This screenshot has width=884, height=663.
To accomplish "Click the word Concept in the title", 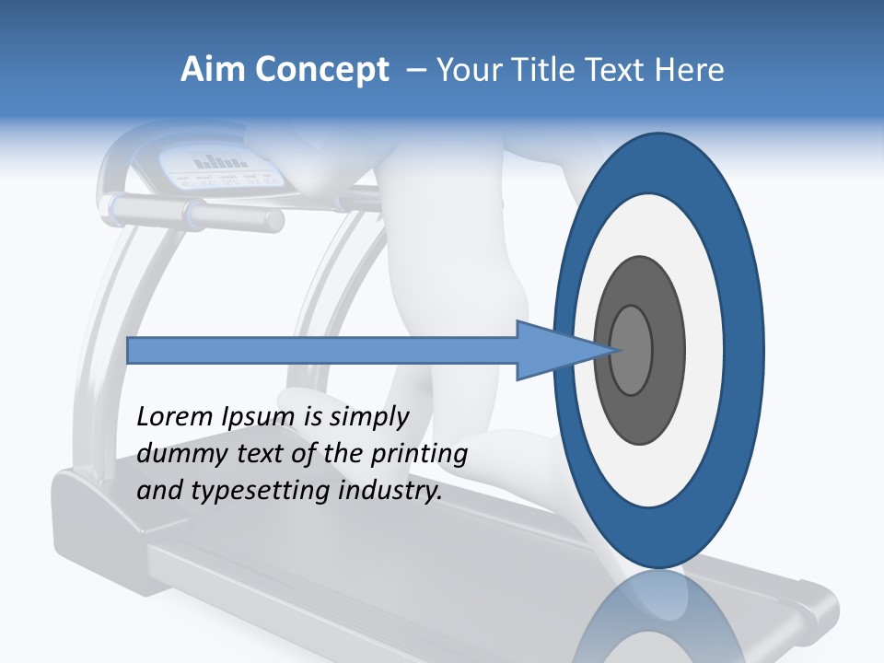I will pos(321,70).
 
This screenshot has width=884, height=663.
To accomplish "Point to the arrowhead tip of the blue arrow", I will pos(611,350).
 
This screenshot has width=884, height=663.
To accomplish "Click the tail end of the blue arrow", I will pos(130,350).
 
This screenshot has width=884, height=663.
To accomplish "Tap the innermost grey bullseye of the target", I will pos(632,350).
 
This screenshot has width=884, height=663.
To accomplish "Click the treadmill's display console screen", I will pos(221,166).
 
